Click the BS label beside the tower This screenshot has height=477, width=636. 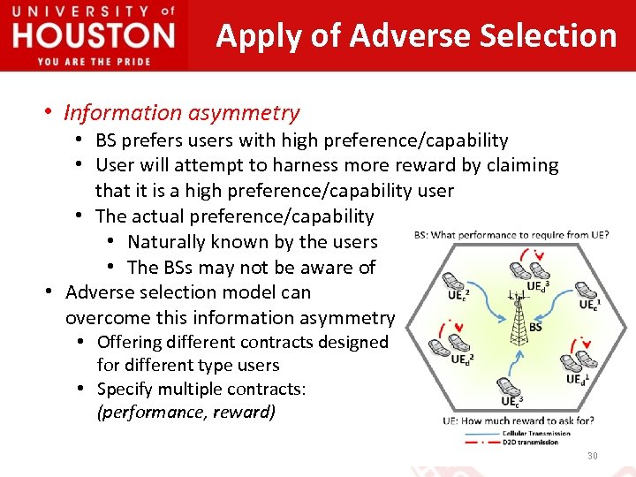[x=535, y=327]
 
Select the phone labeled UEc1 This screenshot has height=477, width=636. [x=585, y=291]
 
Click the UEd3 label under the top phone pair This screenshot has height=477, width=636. [x=538, y=287]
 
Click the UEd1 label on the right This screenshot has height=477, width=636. [x=577, y=379]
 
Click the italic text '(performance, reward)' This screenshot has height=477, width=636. [x=186, y=413]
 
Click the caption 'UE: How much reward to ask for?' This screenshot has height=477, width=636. [x=519, y=420]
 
